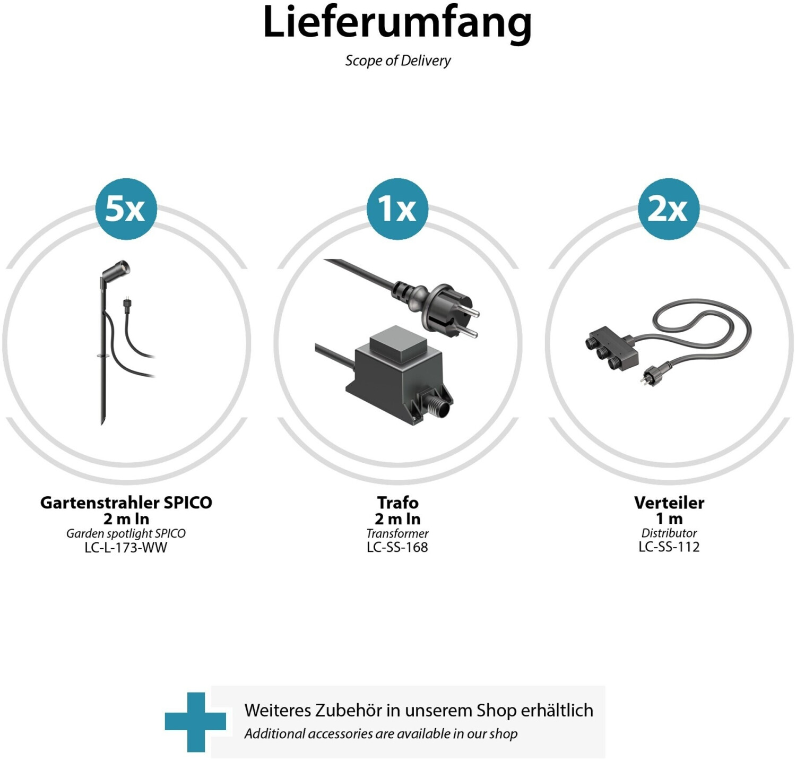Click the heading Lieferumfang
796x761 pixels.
point(397,23)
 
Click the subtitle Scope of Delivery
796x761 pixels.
point(398,60)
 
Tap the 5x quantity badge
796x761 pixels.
point(126,209)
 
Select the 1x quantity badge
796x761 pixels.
point(397,209)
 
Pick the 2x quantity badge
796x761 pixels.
point(669,209)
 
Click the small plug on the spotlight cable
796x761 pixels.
point(127,304)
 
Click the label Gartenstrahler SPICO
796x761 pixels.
point(126,503)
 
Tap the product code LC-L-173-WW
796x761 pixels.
point(126,548)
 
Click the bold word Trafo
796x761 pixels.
point(397,503)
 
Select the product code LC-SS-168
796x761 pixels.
point(397,547)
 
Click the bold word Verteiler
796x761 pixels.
point(669,503)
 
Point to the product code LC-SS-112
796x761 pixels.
point(669,547)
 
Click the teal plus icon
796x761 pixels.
point(195,722)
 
